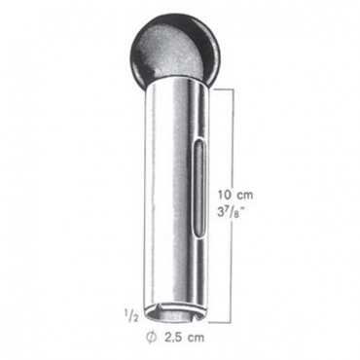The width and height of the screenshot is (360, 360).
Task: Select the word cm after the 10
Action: point(244,196)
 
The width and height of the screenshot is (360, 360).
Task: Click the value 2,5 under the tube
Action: point(173,338)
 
